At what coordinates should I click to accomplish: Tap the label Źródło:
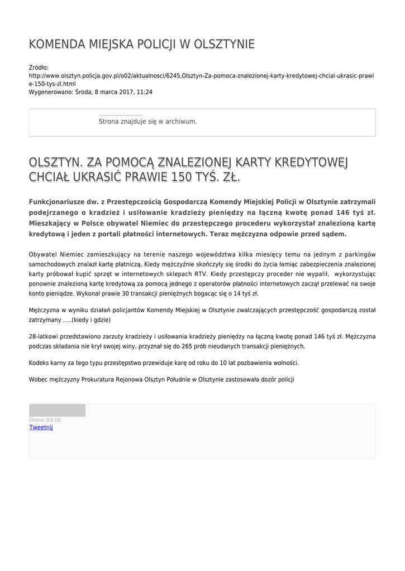(x=39, y=67)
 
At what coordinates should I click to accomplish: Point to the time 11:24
(x=145, y=92)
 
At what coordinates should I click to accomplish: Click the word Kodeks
(x=39, y=362)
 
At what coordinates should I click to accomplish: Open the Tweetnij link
(x=41, y=427)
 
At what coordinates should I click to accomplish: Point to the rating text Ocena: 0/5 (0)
(x=45, y=420)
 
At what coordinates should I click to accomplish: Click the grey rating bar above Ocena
(x=57, y=410)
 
